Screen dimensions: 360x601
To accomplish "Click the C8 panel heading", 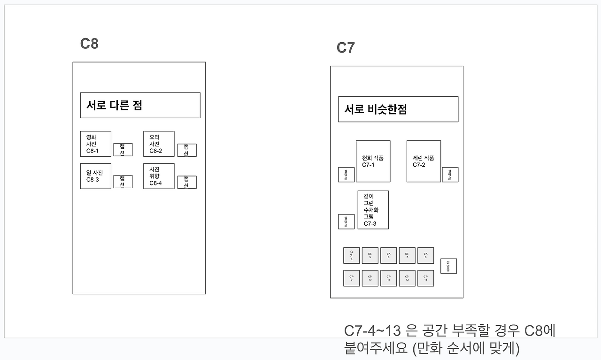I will (89, 44).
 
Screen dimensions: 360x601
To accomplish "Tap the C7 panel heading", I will (346, 48).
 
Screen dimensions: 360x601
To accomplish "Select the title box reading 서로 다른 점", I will (140, 105).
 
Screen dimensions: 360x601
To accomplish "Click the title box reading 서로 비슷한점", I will (398, 109).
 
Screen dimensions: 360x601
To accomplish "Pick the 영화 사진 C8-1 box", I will (95, 144).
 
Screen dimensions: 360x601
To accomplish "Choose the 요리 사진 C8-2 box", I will (159, 144).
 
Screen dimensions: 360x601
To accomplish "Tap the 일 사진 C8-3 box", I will (95, 176).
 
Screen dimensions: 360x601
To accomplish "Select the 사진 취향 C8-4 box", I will (159, 176).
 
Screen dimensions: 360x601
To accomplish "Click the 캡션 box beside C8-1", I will (123, 150).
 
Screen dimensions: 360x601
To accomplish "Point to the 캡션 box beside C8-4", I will (186, 182).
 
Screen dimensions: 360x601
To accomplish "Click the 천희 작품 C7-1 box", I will (373, 161).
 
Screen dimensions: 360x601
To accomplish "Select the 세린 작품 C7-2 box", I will (424, 161).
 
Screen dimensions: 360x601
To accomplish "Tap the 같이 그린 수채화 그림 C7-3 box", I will (373, 210).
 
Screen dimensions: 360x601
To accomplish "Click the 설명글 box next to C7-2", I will (450, 175).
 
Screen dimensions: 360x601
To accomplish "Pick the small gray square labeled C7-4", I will (351, 255).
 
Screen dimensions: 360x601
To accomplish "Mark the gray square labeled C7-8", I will (425, 255).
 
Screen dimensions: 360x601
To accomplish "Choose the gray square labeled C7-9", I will (351, 278).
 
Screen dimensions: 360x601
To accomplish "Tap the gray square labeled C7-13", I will (425, 278).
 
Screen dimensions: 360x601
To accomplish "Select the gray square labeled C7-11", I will (388, 278).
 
